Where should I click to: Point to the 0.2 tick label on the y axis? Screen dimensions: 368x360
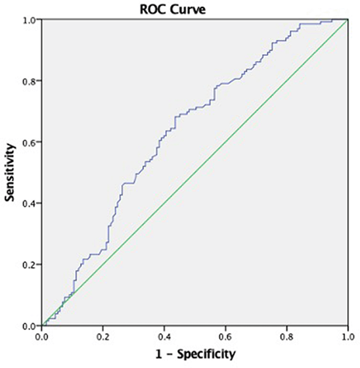pos(31,265)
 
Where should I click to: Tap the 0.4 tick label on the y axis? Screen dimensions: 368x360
pos(31,203)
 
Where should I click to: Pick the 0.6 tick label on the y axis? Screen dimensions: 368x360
pos(31,142)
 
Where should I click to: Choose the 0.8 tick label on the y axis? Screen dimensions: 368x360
pos(31,81)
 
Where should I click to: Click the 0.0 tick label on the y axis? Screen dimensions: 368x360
pos(31,326)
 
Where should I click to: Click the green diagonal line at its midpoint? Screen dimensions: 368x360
pos(195,173)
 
